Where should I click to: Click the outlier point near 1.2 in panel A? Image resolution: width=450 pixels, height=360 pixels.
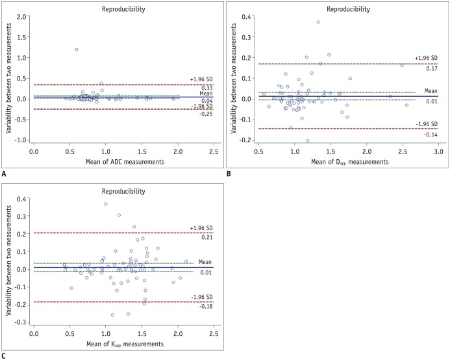77,49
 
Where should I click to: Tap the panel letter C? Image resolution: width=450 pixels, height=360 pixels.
5,354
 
